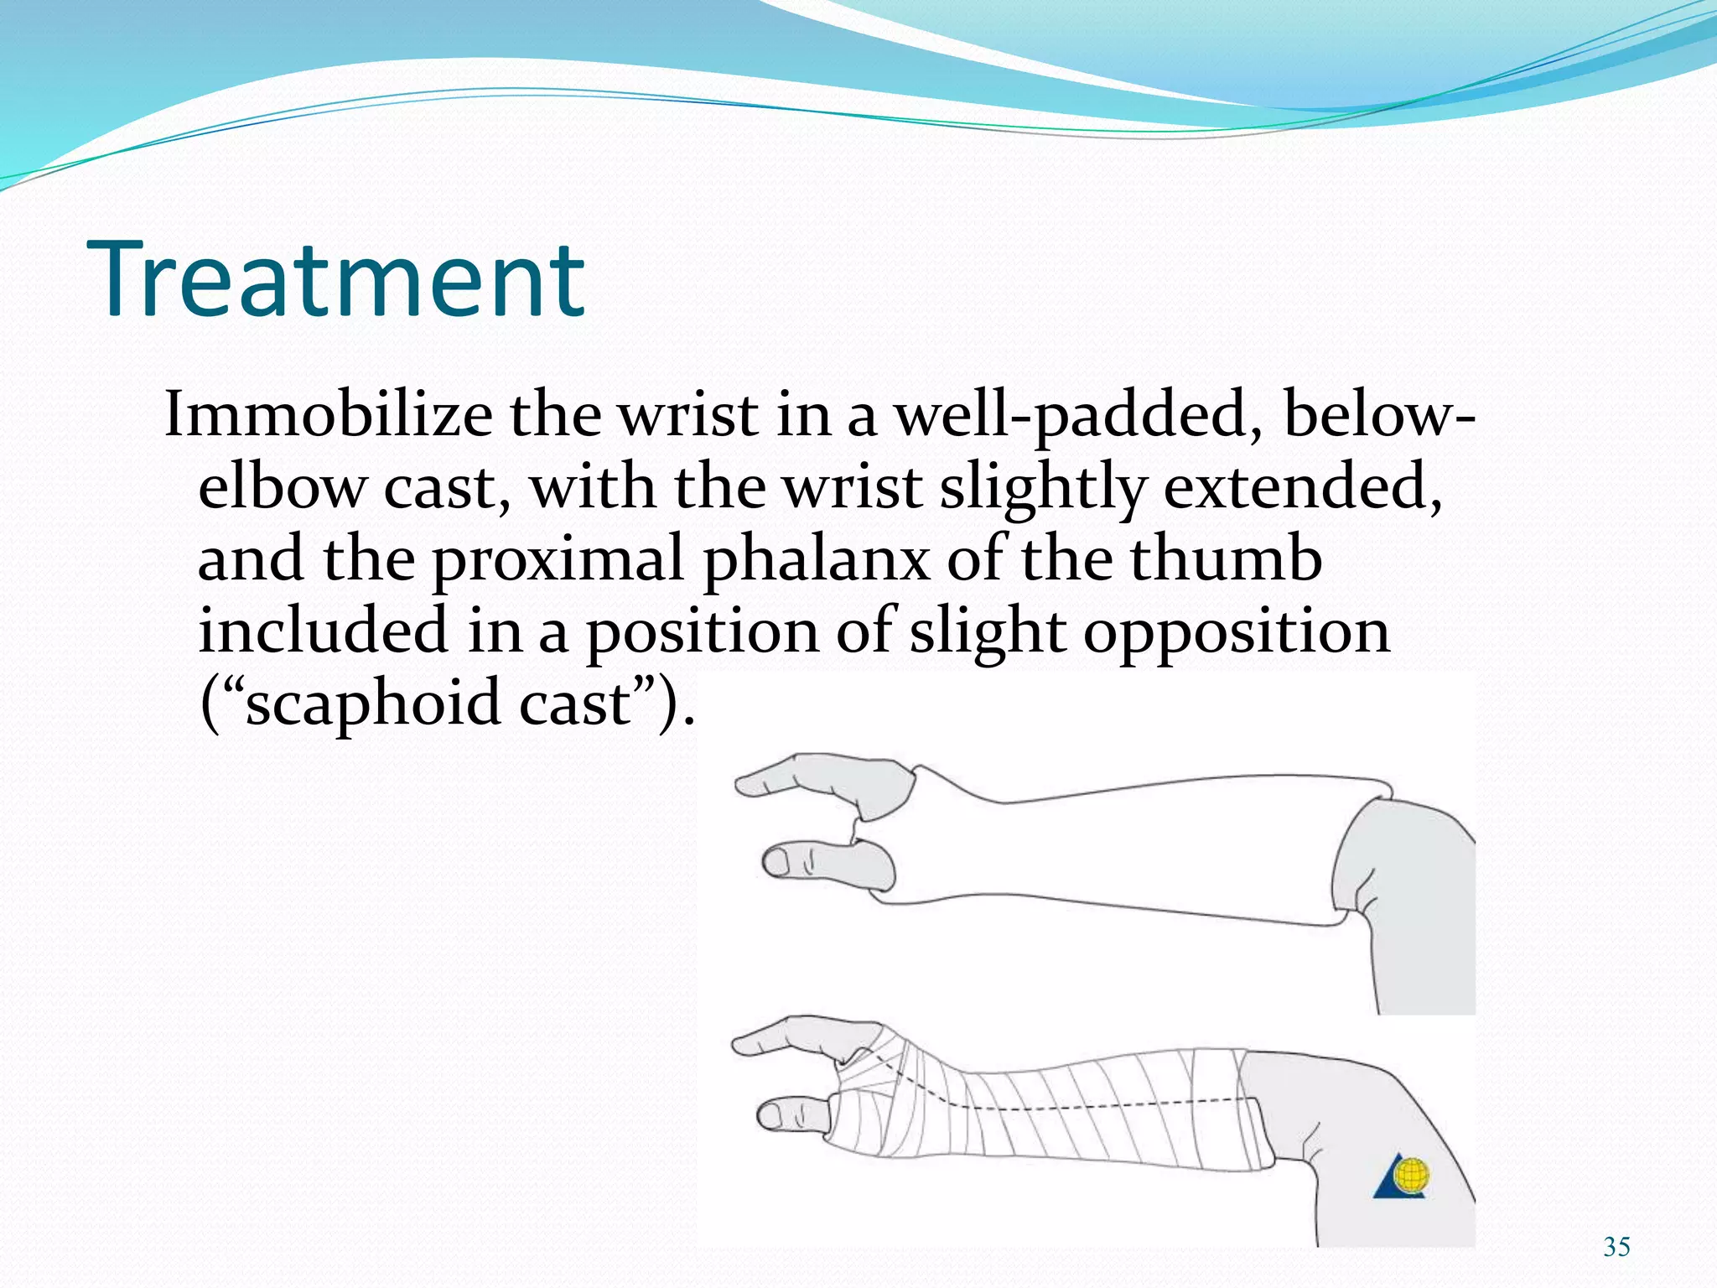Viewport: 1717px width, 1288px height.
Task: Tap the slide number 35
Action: click(x=1616, y=1247)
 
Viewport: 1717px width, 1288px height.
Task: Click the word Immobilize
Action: click(x=329, y=414)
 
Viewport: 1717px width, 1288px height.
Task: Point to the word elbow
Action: click(x=282, y=487)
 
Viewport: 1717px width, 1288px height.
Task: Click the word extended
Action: click(x=1303, y=487)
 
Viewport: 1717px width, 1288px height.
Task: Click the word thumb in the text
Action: click(x=1226, y=558)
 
